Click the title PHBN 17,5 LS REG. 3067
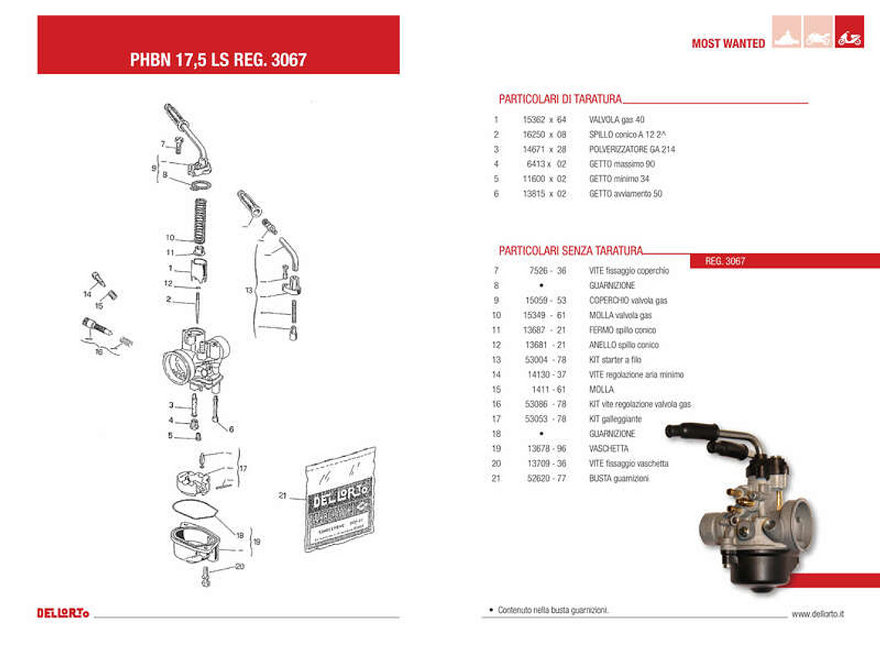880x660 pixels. tap(218, 59)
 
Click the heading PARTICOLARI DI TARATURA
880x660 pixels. tap(560, 99)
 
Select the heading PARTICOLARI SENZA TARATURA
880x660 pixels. tap(570, 250)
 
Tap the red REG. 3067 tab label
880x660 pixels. tap(725, 261)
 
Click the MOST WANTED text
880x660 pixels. tap(728, 43)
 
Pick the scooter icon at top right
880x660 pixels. tap(849, 38)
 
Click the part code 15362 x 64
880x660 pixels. tap(544, 120)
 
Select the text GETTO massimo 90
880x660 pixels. tap(622, 164)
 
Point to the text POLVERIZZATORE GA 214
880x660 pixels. tap(631, 149)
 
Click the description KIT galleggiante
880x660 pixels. tap(615, 419)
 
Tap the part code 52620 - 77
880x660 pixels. tap(546, 479)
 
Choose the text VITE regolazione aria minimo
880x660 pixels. tap(636, 374)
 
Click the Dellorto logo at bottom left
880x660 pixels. tap(63, 613)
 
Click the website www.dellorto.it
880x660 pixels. tap(817, 614)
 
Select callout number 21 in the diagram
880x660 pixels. tap(282, 496)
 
